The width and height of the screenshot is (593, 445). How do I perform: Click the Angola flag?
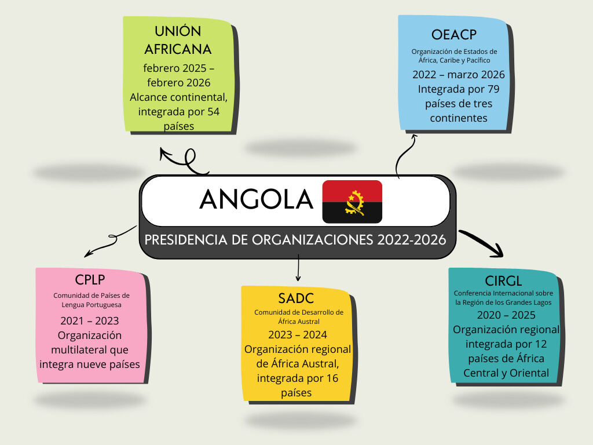tap(352, 202)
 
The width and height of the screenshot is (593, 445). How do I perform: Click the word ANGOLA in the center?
tap(257, 199)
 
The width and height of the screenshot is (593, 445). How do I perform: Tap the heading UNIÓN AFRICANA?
tap(178, 40)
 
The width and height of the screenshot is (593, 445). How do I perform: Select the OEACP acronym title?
tap(454, 35)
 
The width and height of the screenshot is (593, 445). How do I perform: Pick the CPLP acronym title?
tap(90, 280)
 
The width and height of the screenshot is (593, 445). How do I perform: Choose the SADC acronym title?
tap(296, 298)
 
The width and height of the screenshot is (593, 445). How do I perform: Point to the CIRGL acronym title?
tap(503, 281)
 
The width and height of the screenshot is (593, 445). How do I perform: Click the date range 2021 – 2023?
tap(90, 321)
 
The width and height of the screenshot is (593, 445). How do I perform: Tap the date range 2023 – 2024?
tap(298, 335)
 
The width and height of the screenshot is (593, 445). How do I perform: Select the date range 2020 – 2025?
tap(506, 315)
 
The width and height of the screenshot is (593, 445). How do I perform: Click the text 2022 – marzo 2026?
tap(459, 75)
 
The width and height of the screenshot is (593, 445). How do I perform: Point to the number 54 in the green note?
tap(213, 112)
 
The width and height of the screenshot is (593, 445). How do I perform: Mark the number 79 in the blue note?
tap(493, 89)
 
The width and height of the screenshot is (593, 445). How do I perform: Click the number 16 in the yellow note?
tap(332, 378)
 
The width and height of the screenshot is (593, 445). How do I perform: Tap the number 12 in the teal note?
tap(541, 344)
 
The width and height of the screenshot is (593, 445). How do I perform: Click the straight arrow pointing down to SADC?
tap(298, 268)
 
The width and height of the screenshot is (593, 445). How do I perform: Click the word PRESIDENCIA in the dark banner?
tap(186, 240)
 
